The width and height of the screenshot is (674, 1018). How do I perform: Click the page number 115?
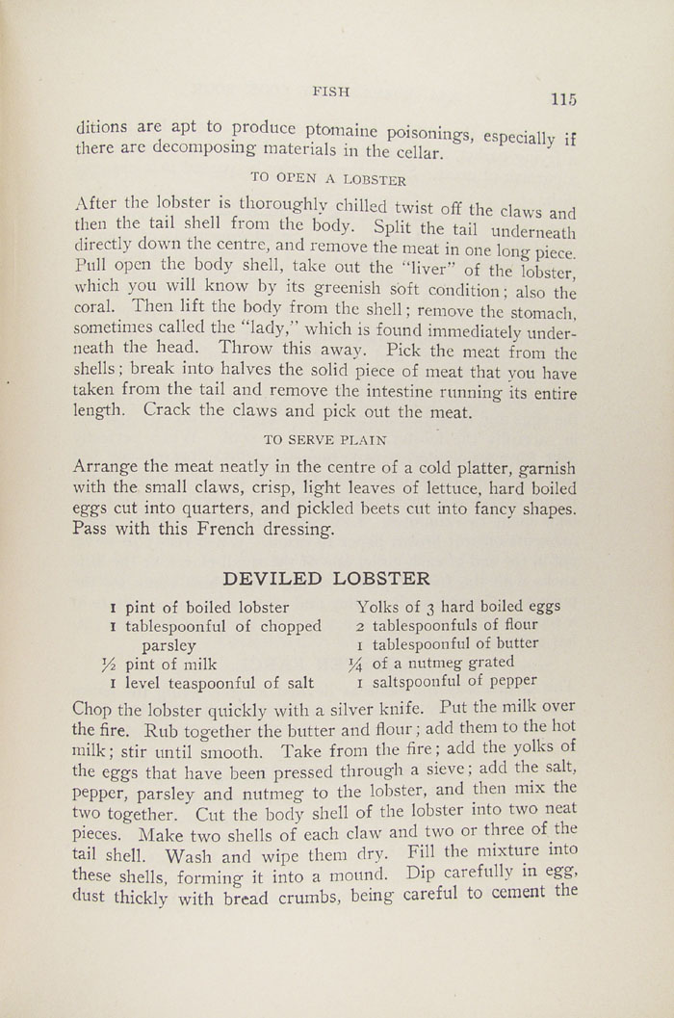point(563,99)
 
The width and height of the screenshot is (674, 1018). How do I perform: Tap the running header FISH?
point(330,91)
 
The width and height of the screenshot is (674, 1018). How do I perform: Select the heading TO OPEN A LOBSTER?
point(327,179)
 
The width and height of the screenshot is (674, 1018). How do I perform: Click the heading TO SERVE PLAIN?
point(324,440)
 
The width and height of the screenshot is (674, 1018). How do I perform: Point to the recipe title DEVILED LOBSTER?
point(326,579)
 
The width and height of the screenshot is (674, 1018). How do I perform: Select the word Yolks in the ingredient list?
point(377,607)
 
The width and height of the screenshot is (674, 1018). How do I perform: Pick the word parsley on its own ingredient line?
point(169,645)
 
